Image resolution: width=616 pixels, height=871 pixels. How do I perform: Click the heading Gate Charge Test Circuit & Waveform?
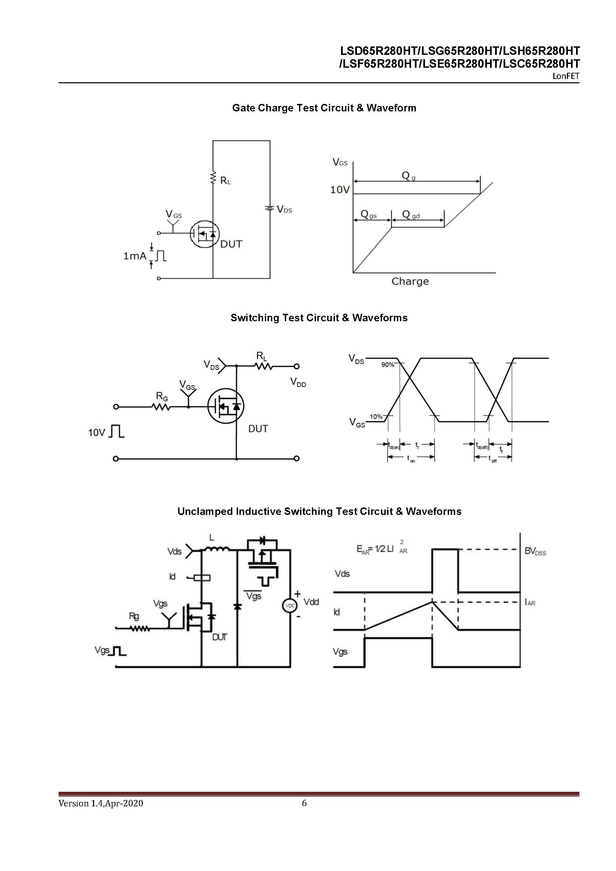(324, 108)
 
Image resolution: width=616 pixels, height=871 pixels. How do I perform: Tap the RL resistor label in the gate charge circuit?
(225, 180)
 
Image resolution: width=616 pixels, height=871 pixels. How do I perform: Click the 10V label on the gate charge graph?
(339, 190)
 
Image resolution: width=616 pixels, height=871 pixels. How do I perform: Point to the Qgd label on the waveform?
(411, 215)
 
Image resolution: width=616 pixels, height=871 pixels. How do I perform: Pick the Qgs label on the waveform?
(368, 215)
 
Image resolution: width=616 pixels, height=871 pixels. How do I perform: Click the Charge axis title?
(410, 282)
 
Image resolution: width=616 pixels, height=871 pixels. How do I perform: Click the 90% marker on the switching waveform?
(387, 365)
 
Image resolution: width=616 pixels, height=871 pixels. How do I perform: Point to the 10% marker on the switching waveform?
(376, 416)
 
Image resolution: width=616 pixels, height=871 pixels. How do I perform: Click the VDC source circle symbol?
(290, 606)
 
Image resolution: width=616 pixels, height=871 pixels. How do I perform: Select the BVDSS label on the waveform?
(535, 551)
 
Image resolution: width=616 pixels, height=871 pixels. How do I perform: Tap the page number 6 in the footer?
(304, 803)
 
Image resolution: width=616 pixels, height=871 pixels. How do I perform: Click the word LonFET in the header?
(566, 76)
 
